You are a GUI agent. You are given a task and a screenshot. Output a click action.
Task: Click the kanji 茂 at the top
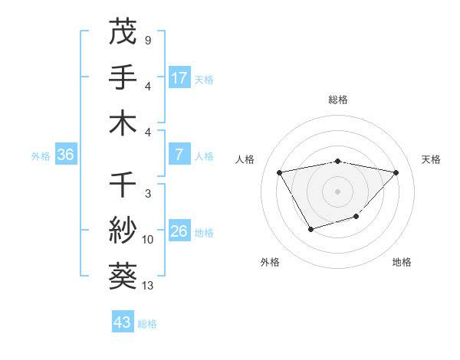point(123,32)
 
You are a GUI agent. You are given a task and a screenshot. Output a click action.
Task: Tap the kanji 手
point(123,77)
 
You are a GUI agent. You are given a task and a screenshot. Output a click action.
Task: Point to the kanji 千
point(123,185)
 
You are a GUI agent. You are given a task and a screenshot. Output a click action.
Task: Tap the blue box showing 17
point(179,78)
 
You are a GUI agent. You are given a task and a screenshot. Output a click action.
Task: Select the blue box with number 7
point(179,155)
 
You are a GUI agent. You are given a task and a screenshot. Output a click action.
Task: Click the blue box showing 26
point(179,231)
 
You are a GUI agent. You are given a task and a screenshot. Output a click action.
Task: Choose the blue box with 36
point(66,155)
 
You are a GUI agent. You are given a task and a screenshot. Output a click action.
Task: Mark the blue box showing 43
point(123,322)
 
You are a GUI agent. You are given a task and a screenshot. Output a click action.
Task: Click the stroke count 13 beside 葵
point(148,286)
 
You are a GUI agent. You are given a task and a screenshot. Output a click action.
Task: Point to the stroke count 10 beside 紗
point(148,240)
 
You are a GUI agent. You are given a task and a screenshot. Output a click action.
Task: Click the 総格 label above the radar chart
point(337,100)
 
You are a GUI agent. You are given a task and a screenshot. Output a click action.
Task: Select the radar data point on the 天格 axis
point(396,172)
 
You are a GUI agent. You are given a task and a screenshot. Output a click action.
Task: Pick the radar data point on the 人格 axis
point(279,172)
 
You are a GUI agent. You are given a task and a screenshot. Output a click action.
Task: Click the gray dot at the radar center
point(337,191)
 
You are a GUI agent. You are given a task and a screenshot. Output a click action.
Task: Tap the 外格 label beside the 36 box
point(41,156)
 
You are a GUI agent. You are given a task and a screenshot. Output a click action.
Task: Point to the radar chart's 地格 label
point(402,262)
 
